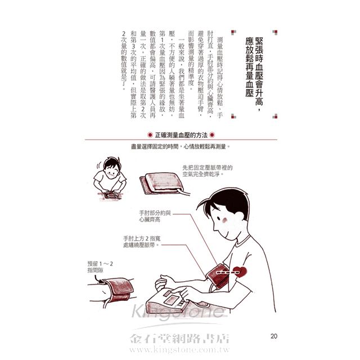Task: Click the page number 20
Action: (274, 336)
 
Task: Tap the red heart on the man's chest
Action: (240, 272)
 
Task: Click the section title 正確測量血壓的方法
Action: (181, 135)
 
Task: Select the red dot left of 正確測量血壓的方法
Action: (150, 135)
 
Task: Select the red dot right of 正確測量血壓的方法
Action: (213, 135)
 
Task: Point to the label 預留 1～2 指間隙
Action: (100, 267)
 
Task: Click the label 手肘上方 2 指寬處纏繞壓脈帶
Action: (142, 242)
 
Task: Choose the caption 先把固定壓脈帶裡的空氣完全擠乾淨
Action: (208, 171)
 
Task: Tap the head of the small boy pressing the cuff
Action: (111, 167)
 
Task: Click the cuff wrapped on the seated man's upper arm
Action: (218, 276)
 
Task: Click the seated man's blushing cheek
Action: (224, 220)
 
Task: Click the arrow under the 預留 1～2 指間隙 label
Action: (97, 279)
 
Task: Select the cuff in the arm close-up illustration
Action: (118, 290)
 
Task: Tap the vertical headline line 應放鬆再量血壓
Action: (249, 67)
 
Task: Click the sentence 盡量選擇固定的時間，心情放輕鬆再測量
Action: (181, 146)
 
